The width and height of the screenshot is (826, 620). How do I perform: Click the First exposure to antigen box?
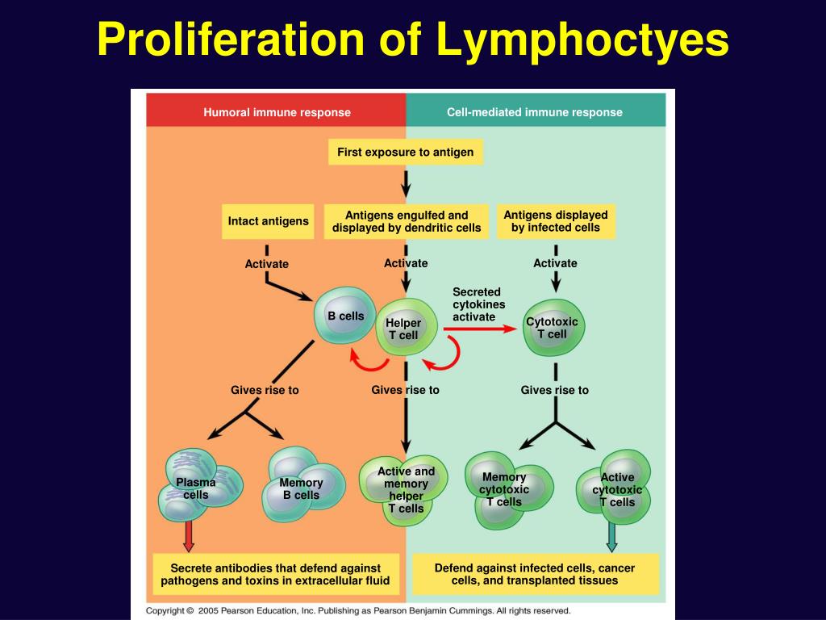[x=405, y=152]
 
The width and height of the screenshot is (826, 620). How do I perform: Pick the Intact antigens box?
[x=268, y=221]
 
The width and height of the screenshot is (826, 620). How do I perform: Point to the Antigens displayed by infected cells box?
[x=556, y=221]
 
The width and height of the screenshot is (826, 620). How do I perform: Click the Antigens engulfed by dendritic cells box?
[x=407, y=221]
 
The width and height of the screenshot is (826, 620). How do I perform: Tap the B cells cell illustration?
[x=345, y=316]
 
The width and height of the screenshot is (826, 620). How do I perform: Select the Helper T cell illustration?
[x=406, y=329]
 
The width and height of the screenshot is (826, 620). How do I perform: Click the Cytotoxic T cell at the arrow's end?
[x=553, y=328]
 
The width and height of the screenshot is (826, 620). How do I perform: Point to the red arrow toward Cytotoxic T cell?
[x=480, y=329]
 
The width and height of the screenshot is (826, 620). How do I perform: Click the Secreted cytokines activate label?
[x=478, y=304]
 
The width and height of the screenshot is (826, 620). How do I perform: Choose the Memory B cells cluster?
[x=303, y=485]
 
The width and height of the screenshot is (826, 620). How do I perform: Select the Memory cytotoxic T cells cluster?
[x=508, y=490]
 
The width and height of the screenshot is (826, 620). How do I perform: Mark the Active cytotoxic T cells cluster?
[x=615, y=488]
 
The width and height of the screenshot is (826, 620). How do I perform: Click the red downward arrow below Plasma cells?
[x=188, y=536]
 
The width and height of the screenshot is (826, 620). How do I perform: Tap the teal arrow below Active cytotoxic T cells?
[x=611, y=537]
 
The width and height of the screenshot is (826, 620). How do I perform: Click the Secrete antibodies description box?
[x=276, y=575]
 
